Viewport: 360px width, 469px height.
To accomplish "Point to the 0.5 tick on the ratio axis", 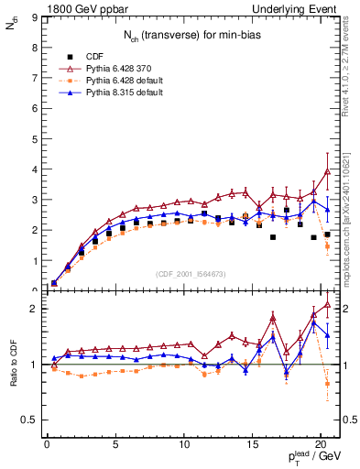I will click(28, 420).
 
